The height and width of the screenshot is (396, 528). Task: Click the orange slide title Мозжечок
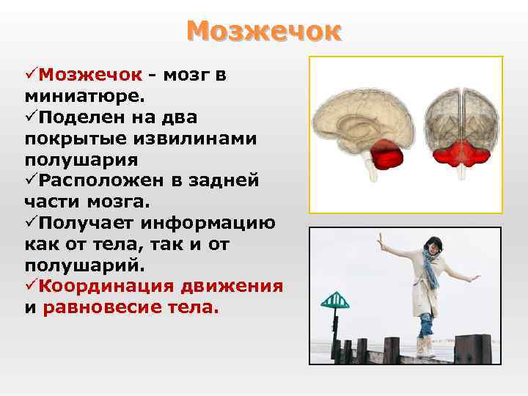[x=264, y=31]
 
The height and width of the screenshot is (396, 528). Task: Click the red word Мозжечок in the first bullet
[x=89, y=74]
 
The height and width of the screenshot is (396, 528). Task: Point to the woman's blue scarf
[x=430, y=268]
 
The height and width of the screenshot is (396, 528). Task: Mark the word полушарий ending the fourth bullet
[x=70, y=265]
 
